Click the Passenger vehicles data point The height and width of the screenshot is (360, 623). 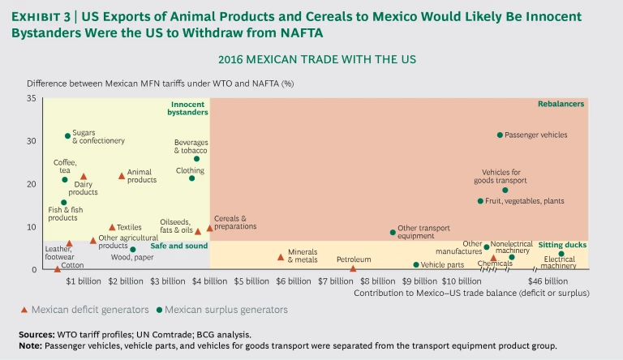(500, 135)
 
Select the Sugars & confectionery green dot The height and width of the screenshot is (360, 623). (67, 136)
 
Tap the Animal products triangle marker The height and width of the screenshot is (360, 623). (122, 176)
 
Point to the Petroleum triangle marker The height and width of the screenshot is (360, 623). (353, 268)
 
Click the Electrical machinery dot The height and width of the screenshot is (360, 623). (561, 254)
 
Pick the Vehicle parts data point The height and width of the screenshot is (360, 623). (416, 264)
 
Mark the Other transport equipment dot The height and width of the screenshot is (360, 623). (393, 232)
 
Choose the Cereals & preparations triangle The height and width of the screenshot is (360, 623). (209, 228)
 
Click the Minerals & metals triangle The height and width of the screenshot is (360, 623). (281, 257)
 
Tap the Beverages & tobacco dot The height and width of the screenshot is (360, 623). (196, 159)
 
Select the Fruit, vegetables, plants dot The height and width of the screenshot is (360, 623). (480, 201)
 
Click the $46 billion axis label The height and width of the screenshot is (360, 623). (557, 281)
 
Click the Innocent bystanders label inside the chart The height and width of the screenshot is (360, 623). (189, 108)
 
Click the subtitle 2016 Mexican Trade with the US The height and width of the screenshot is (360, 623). (311, 59)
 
